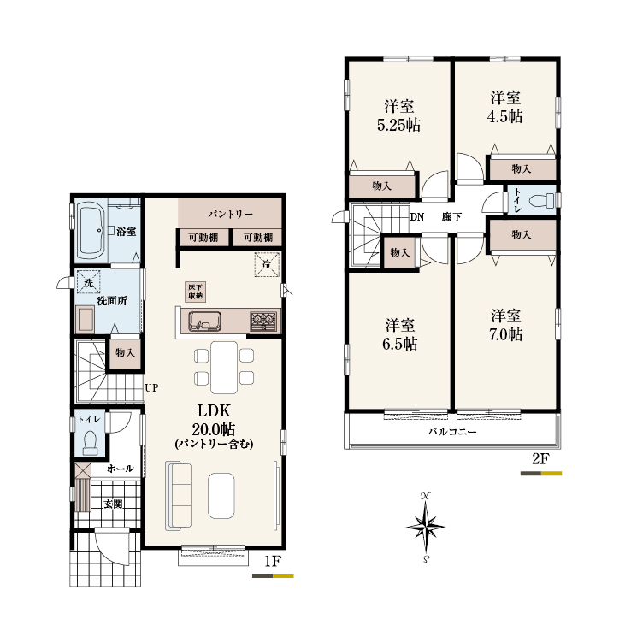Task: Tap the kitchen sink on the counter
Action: [204, 321]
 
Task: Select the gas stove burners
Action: [263, 321]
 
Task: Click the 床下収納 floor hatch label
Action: [196, 292]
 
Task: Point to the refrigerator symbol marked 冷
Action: [267, 264]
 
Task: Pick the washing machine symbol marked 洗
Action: [89, 282]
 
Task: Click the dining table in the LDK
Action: [224, 368]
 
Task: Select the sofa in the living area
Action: [179, 496]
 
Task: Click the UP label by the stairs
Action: [151, 388]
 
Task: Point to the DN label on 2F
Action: [416, 217]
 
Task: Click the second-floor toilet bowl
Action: [541, 200]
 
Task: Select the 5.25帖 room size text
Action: [398, 125]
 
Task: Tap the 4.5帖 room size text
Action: [505, 116]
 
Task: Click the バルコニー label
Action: [451, 432]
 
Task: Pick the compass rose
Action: [426, 528]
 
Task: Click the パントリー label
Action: [230, 214]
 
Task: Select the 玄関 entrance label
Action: [113, 504]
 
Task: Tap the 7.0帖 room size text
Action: [506, 334]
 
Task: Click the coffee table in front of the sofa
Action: [221, 496]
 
